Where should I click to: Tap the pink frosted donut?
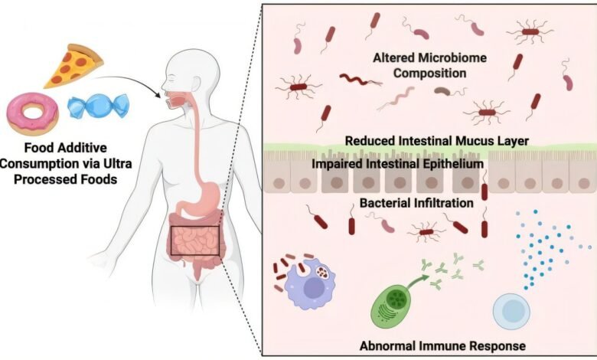pyautogui.click(x=31, y=114)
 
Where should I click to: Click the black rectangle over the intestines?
pyautogui.click(x=195, y=241)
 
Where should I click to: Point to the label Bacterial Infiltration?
pyautogui.click(x=415, y=204)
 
